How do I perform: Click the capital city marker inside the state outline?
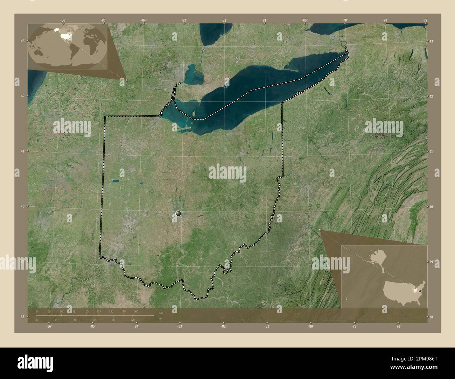tap(178, 213)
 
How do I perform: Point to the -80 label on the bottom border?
tap(310, 327)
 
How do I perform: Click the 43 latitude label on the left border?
tap(22, 41)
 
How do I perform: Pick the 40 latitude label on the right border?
tap(432, 207)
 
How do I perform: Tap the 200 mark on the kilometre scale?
tap(135, 311)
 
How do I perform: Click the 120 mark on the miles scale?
tap(133, 320)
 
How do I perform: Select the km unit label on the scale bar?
tap(161, 313)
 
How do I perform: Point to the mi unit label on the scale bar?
tap(160, 319)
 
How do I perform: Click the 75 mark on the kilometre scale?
tap(73, 311)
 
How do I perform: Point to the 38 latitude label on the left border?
tap(22, 317)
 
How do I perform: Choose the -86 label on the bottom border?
tap(49, 327)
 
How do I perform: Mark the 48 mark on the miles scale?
tap(75, 320)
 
